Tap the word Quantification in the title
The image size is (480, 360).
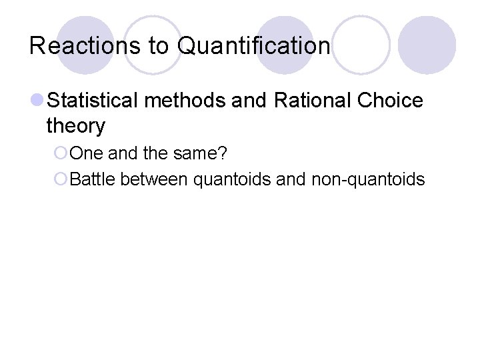[x=254, y=45]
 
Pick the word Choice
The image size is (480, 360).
[x=390, y=101]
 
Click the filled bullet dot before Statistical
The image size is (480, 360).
[x=38, y=101]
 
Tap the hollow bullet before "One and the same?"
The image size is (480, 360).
[x=61, y=153]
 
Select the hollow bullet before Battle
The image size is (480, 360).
[x=61, y=179]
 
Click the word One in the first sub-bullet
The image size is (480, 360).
[x=86, y=153]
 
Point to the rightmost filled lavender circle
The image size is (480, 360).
[x=427, y=45]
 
